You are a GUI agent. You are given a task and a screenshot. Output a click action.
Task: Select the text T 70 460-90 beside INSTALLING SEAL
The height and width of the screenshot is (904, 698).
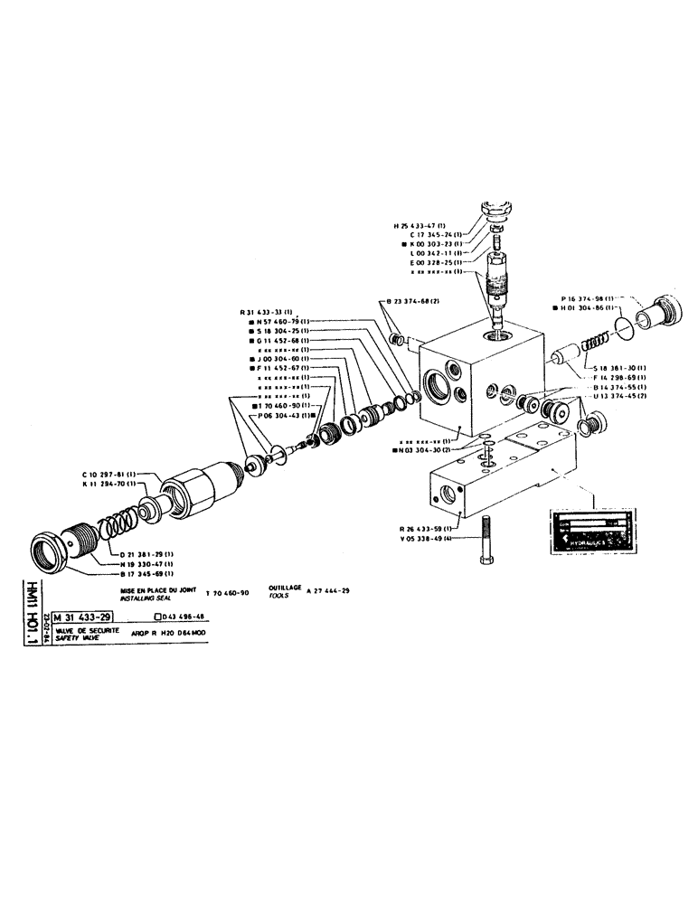coord(232,592)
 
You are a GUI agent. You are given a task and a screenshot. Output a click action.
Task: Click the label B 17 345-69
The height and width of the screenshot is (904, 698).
coord(148,573)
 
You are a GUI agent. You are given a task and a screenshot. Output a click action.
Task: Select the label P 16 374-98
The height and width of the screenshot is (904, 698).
coord(587,297)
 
